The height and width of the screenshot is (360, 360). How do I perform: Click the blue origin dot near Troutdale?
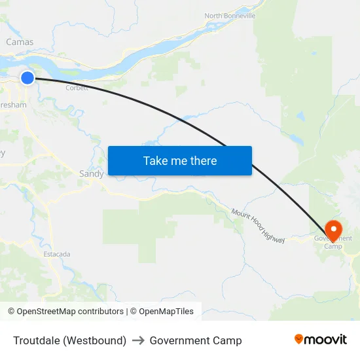tap(27, 78)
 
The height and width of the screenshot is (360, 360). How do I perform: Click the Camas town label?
tap(20, 42)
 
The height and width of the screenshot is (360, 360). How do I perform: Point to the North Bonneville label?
tap(230, 16)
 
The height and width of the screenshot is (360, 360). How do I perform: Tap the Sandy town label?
tap(91, 173)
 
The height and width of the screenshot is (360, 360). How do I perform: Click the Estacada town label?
tap(57, 254)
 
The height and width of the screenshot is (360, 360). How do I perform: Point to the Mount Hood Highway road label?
tap(258, 226)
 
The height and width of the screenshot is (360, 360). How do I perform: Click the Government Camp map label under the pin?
tap(333, 242)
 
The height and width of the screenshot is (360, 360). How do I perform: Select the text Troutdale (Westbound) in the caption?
tap(70, 340)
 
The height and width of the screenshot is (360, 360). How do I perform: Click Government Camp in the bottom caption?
tap(196, 340)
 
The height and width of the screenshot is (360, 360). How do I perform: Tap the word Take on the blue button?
tap(155, 161)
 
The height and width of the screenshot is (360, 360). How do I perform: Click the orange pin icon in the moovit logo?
tap(299, 339)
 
